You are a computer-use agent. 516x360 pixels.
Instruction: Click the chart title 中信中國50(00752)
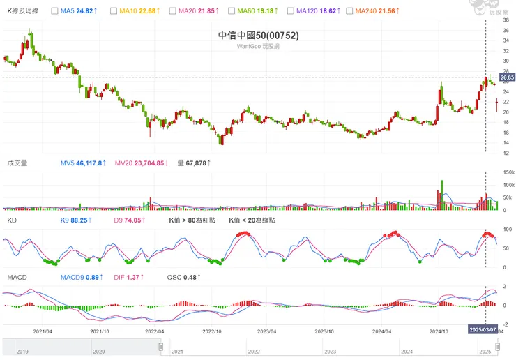(x=258, y=36)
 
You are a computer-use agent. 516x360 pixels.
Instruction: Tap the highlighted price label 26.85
(x=507, y=77)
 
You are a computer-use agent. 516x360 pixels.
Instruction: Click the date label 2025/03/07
(x=483, y=329)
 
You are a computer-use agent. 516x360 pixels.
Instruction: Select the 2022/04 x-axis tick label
(x=154, y=331)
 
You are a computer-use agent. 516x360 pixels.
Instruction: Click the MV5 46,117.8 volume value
(x=82, y=163)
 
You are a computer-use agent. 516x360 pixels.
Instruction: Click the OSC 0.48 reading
(x=185, y=277)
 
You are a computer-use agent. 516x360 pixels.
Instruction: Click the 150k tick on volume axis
(x=508, y=172)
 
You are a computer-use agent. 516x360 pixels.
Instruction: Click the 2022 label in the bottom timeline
(x=253, y=352)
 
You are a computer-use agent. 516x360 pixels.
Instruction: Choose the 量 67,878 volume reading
(x=194, y=163)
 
